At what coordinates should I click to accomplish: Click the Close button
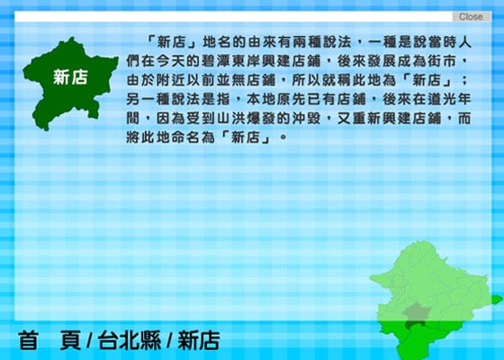472,16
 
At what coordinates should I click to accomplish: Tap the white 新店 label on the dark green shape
70,77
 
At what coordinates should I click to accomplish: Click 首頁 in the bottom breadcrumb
49,340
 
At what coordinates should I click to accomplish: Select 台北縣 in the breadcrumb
130,340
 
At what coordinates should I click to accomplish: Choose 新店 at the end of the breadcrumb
199,340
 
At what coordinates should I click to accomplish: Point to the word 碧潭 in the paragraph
216,61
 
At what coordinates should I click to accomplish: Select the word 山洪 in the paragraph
231,118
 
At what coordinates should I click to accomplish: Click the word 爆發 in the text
261,118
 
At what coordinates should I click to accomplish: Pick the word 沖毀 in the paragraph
306,118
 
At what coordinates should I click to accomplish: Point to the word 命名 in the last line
185,137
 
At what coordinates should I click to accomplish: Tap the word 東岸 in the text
247,61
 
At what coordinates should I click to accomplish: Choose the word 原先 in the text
292,99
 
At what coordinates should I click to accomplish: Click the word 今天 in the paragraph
171,61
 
